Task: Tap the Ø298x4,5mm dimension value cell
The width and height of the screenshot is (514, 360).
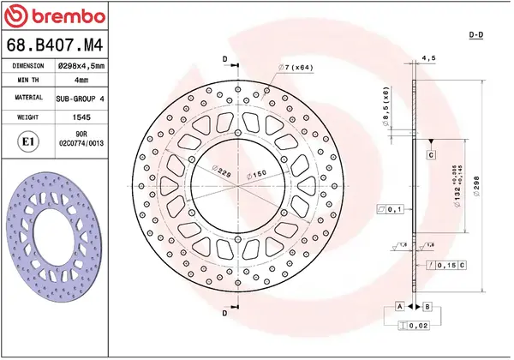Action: coord(81,65)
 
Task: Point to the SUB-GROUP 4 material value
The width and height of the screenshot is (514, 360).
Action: coord(81,99)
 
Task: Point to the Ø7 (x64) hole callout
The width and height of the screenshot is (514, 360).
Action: coord(296,67)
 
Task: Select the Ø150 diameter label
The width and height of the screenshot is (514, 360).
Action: coord(255,175)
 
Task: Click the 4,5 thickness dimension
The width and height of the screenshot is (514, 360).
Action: coord(427,58)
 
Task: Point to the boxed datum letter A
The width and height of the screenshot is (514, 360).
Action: coord(399,306)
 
